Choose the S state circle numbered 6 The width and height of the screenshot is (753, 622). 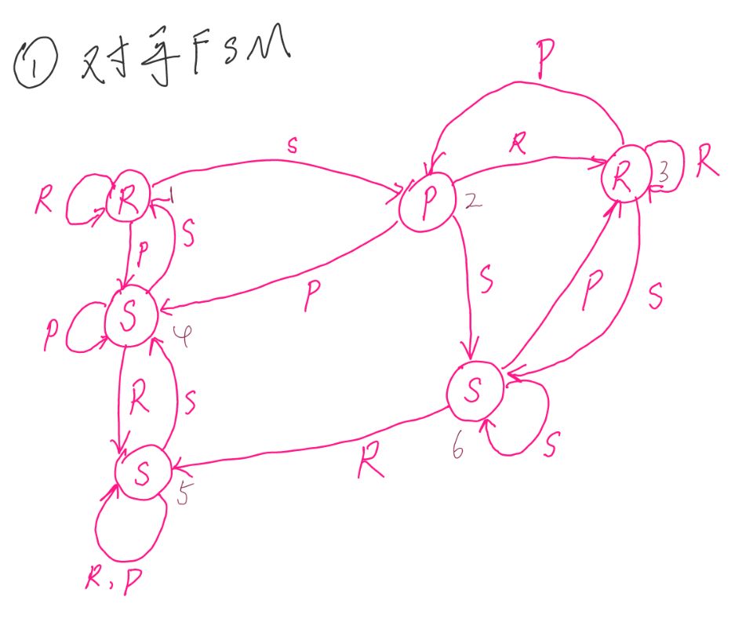click(474, 390)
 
